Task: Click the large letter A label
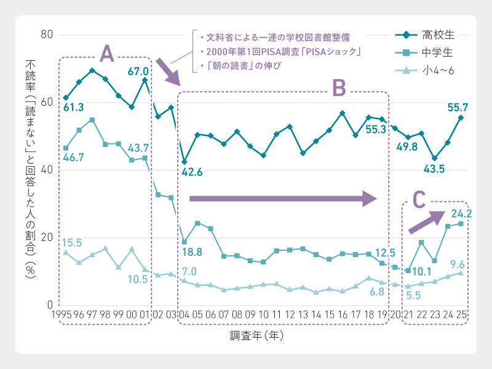click(106, 55)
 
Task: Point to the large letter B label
click(339, 89)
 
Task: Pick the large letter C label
click(419, 199)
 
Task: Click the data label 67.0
click(139, 71)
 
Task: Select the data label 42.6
click(192, 172)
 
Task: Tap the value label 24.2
click(461, 213)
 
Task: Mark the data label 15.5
click(72, 242)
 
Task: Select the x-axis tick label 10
click(263, 315)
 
